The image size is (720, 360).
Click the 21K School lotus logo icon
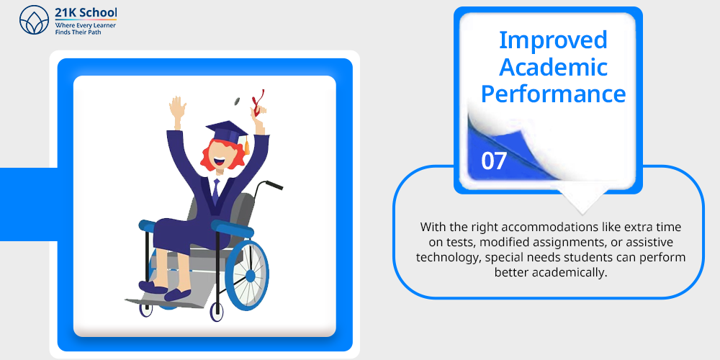(x=34, y=19)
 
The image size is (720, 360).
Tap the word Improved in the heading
(x=553, y=40)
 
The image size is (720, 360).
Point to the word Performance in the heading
(x=553, y=94)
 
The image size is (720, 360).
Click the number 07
(x=494, y=161)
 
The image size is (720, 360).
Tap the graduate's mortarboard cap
(x=227, y=132)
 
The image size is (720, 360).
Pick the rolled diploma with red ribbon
(x=258, y=103)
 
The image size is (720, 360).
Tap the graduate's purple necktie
(x=215, y=191)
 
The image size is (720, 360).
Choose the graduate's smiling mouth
(x=220, y=161)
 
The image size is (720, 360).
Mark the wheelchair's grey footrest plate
(x=170, y=302)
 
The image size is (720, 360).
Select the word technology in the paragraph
(x=447, y=257)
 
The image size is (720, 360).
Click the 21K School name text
(x=86, y=12)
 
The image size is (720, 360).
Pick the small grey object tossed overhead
(x=238, y=99)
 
